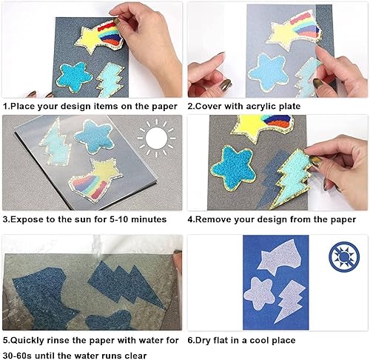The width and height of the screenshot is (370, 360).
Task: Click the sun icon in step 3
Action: tap(156, 139)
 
